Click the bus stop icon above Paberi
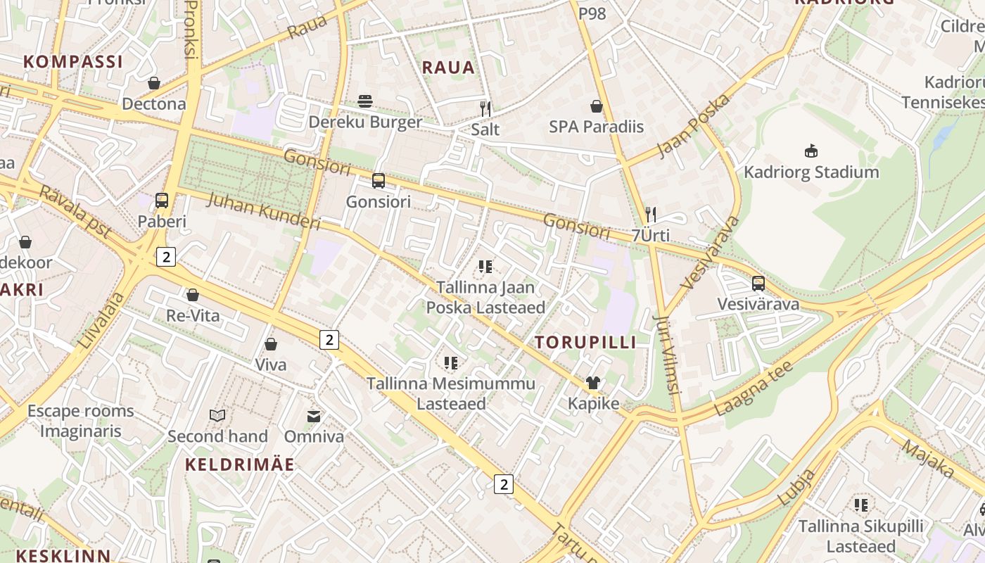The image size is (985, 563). tap(162, 201)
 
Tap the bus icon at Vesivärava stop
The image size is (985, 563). tap(758, 284)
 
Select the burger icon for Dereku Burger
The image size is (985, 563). tap(365, 101)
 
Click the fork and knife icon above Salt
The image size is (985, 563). tap(485, 108)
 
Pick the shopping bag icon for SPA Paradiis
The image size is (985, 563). tap(597, 106)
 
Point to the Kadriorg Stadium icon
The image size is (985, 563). tap(811, 151)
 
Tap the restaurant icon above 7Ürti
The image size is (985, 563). tap(651, 214)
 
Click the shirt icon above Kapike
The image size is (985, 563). tap(594, 383)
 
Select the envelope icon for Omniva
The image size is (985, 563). tap(314, 416)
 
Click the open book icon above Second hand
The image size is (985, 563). tap(217, 416)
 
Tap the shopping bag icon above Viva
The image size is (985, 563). tap(271, 344)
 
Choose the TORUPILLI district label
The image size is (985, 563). tap(585, 343)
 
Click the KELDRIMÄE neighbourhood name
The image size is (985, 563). tap(240, 464)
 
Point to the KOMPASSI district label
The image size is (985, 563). tap(73, 61)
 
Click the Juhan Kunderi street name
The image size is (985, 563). tap(264, 210)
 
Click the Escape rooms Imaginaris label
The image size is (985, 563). tap(80, 421)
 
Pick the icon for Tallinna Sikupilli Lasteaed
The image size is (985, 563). tap(860, 505)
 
